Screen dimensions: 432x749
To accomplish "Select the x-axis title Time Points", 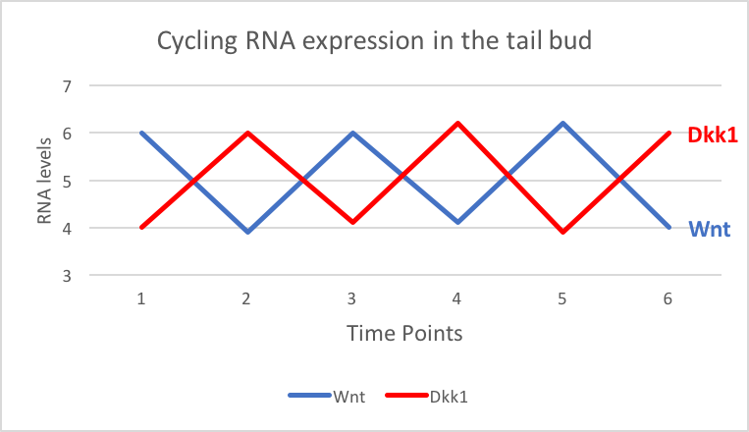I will pyautogui.click(x=404, y=333).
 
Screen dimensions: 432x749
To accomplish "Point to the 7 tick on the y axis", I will pyautogui.click(x=68, y=86).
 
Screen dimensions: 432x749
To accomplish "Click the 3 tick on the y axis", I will pyautogui.click(x=68, y=276).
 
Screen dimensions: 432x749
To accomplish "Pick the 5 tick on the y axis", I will pyautogui.click(x=68, y=182).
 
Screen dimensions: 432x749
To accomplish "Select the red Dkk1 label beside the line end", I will pyautogui.click(x=712, y=134).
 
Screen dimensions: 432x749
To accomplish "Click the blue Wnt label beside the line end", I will pyautogui.click(x=708, y=230).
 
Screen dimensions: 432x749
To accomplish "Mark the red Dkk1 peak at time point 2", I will pyautogui.click(x=247, y=134).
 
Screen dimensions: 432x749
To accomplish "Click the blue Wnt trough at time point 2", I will pyautogui.click(x=247, y=232).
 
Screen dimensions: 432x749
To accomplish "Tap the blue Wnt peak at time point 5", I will pyautogui.click(x=562, y=124).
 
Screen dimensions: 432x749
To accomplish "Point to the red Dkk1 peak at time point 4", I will pyautogui.click(x=457, y=124).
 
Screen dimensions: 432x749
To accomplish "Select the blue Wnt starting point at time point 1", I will pyautogui.click(x=142, y=134).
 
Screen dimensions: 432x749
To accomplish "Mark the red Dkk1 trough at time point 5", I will pyautogui.click(x=562, y=232).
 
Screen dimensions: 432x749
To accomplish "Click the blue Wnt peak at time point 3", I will pyautogui.click(x=352, y=134).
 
